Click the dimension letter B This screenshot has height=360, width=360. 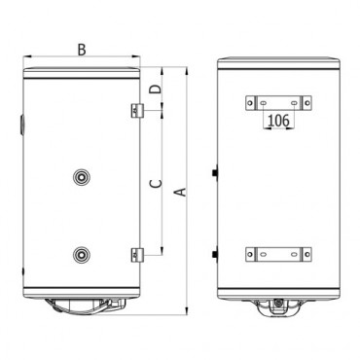point(82,50)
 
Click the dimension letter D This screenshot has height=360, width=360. point(156,90)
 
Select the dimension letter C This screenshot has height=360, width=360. point(156,184)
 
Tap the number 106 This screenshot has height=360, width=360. point(279,121)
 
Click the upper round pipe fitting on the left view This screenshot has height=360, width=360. point(81,177)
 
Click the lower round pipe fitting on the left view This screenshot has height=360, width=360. point(81,255)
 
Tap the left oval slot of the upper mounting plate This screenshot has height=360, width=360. point(263,103)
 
